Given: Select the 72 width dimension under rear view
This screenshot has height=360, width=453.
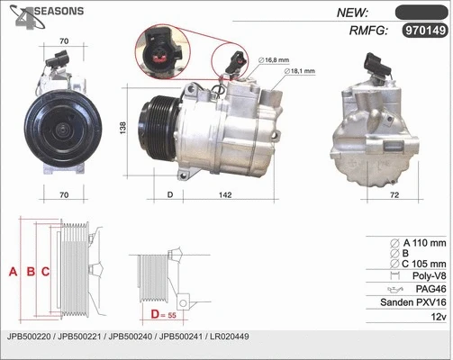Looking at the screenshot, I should click(394, 194).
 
